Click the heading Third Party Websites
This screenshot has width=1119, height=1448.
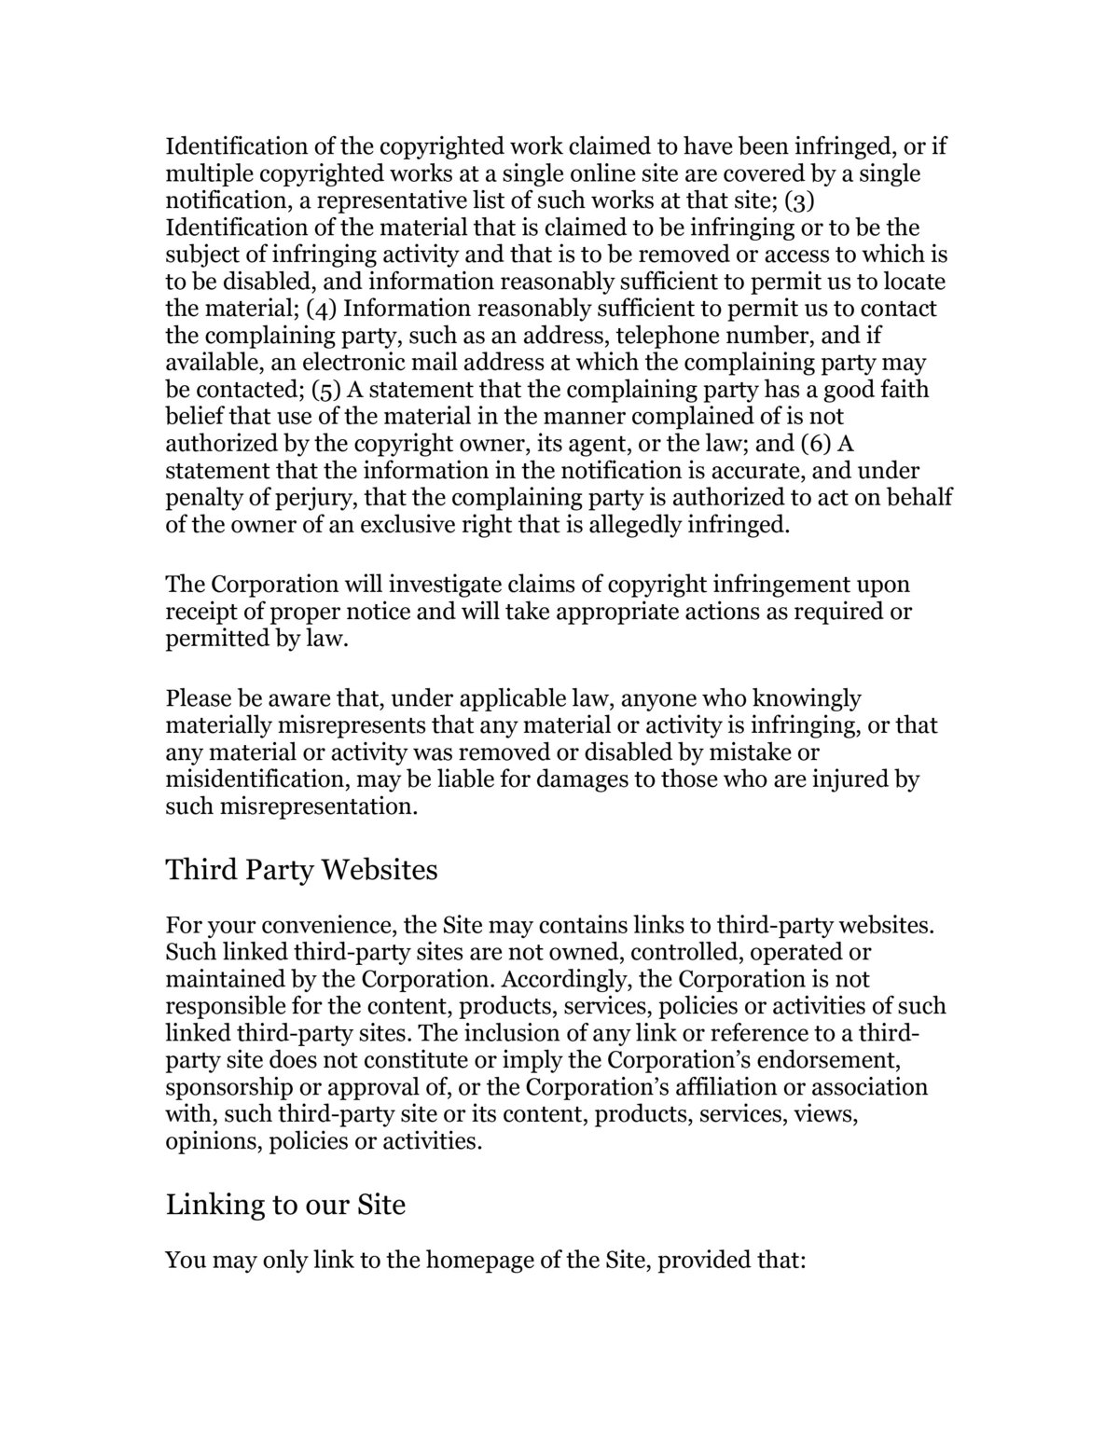pyautogui.click(x=301, y=871)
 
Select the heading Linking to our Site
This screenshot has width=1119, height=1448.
pyautogui.click(x=285, y=1205)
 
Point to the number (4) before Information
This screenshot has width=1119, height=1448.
pyautogui.click(x=325, y=309)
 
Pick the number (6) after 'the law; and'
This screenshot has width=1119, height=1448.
pyautogui.click(x=821, y=443)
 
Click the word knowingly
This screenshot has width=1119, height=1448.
pyautogui.click(x=807, y=698)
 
